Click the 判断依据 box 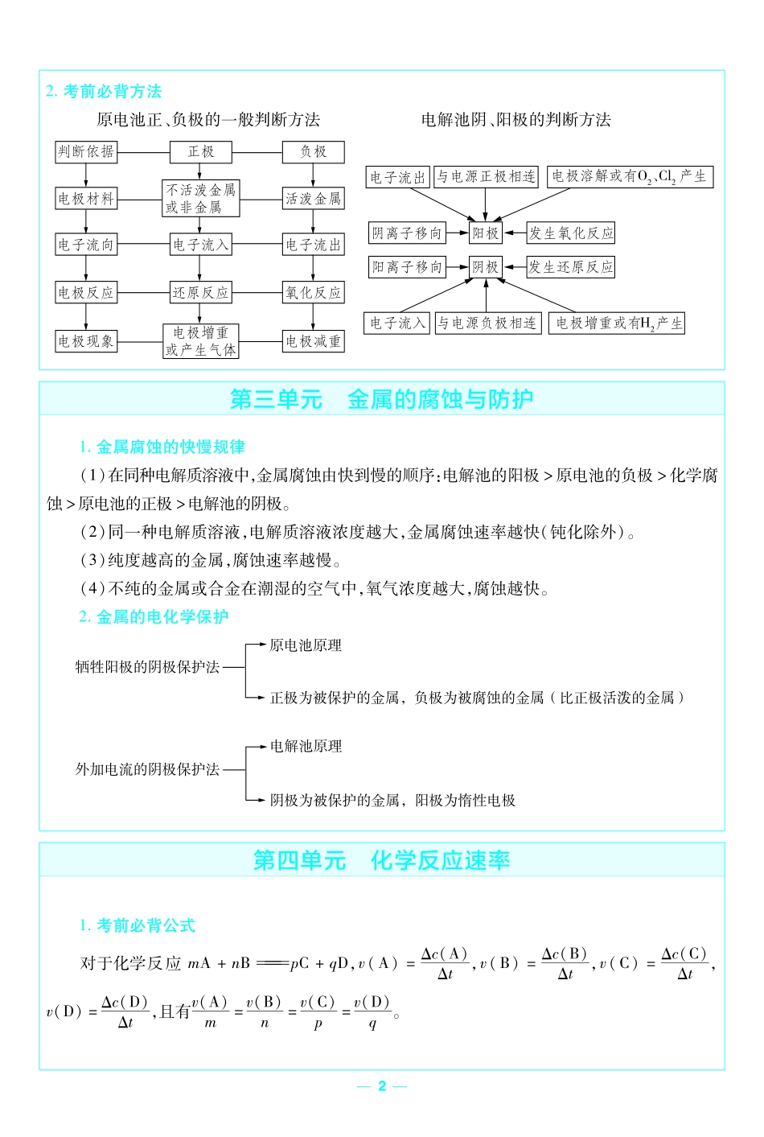(x=86, y=151)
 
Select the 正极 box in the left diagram (x=200, y=151)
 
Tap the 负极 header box (x=313, y=151)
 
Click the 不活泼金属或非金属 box (x=200, y=198)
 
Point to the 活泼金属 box (x=313, y=198)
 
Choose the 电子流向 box (x=86, y=245)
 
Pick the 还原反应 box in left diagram (x=200, y=293)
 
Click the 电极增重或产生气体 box (x=200, y=341)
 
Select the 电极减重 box (x=313, y=341)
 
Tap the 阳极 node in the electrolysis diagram (x=486, y=233)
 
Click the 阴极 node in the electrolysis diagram (x=486, y=267)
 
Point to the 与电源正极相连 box (x=487, y=177)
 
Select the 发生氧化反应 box (x=571, y=233)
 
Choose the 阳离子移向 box (x=407, y=267)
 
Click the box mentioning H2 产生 (x=617, y=323)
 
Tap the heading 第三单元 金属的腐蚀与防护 (x=381, y=399)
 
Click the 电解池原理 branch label (x=306, y=747)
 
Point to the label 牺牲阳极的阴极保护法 (x=147, y=667)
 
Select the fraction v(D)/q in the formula (x=372, y=1012)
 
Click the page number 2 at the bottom (x=382, y=1086)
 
